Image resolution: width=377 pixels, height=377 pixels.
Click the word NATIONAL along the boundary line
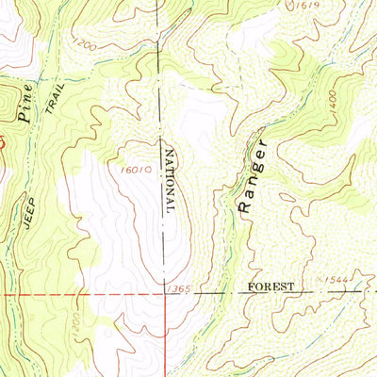[x=170, y=183]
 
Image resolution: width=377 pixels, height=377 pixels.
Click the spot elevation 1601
[x=139, y=172]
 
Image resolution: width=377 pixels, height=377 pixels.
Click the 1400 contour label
[x=334, y=112]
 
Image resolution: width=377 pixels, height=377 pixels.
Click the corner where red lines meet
[x=158, y=293]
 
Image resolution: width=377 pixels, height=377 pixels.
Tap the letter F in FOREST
[x=252, y=285]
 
